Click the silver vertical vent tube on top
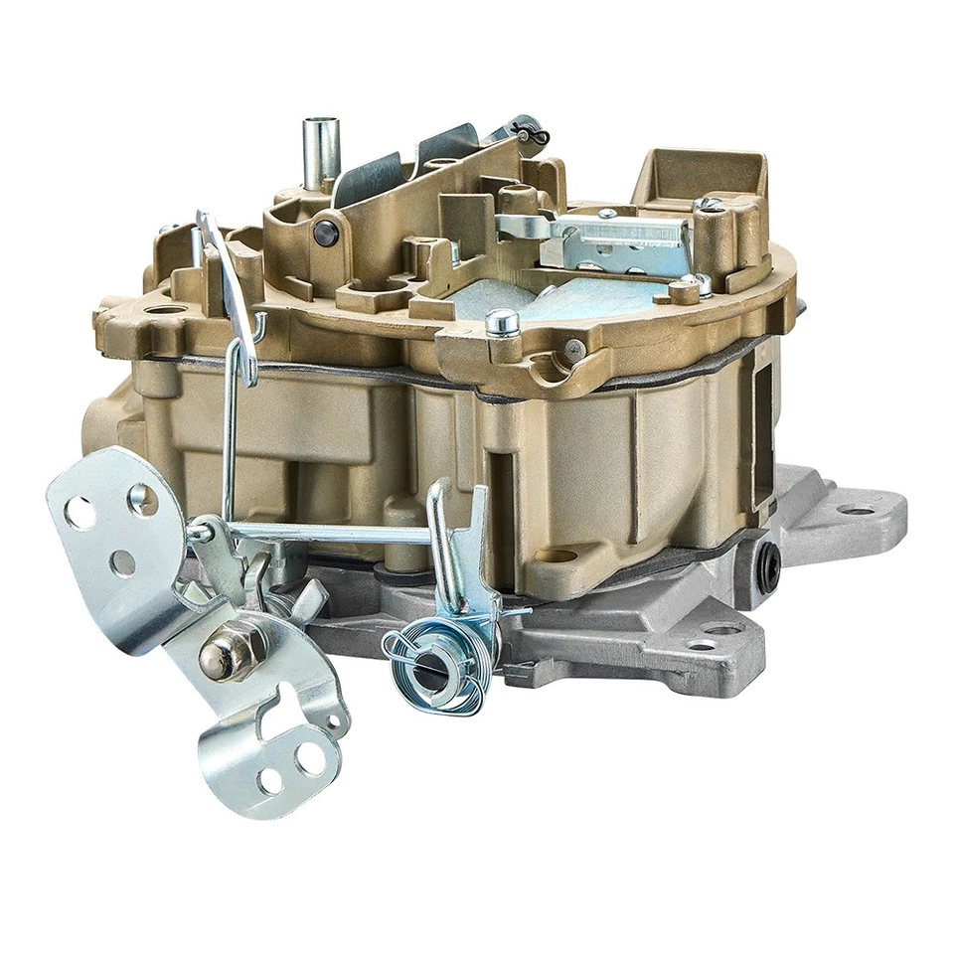click(321, 151)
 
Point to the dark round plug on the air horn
click(326, 232)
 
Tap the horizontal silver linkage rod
click(328, 534)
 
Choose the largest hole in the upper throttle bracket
click(79, 513)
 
